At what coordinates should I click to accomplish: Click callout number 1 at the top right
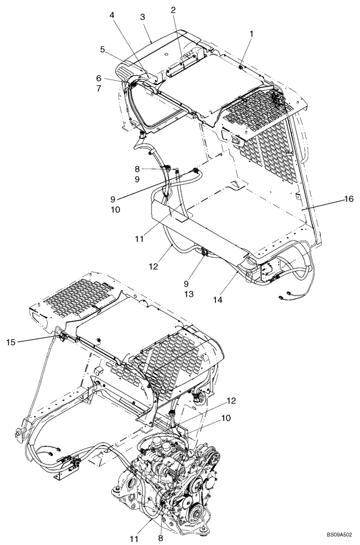[x=251, y=33]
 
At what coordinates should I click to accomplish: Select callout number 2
[x=173, y=10]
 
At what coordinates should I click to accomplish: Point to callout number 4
[x=112, y=15]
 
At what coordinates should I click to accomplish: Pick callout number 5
[x=102, y=49]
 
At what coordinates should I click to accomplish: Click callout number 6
[x=99, y=78]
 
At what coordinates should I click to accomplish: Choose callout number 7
[x=99, y=88]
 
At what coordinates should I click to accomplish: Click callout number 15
[x=11, y=342]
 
